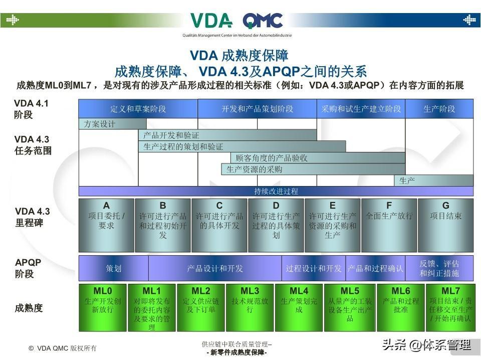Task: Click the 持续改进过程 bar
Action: tap(276, 191)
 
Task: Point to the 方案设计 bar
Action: tap(112, 124)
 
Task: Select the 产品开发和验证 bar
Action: tap(227, 135)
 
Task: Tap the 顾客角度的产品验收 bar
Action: tap(318, 158)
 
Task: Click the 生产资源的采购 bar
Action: tap(313, 169)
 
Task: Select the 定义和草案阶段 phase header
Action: tap(138, 109)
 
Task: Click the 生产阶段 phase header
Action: tap(439, 109)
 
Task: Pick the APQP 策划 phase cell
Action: tap(113, 268)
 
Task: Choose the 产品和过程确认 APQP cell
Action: tap(375, 268)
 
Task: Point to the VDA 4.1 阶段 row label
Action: tap(31, 109)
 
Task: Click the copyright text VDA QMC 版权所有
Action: tap(63, 348)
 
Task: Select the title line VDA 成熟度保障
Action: tap(239, 55)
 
